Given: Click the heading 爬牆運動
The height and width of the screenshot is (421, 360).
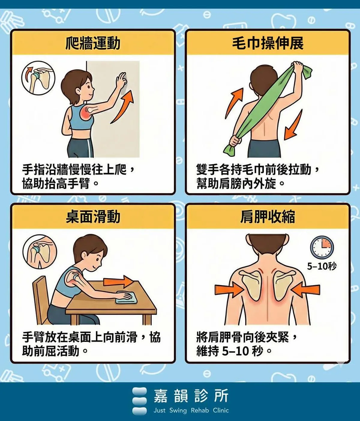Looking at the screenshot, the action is pos(93,43).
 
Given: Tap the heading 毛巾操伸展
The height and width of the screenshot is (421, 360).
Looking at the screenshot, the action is pos(268,43).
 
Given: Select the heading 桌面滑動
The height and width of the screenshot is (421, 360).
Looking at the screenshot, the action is pos(93,217).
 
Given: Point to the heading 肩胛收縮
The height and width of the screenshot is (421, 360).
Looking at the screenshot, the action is pos(268,217).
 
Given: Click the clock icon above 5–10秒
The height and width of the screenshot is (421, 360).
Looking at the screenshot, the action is pos(322,247).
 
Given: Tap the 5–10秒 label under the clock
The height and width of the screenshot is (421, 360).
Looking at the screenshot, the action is pos(322,266).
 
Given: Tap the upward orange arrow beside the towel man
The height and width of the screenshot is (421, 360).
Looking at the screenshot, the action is pos(234,103).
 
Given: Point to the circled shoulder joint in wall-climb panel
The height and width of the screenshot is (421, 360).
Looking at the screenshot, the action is pos(38,78).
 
